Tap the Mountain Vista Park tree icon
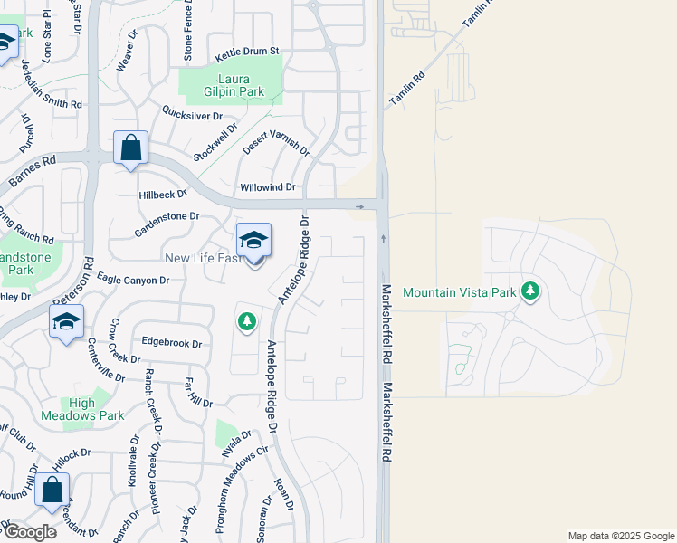pos(531,291)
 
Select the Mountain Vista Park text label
pos(459,292)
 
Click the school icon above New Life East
pos(254,241)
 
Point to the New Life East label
pos(203,259)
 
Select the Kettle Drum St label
pos(245,52)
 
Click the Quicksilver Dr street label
pos(192,115)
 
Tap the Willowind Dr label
pos(268,187)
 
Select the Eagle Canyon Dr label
pos(133,281)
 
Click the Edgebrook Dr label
pos(171,343)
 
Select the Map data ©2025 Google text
pos(620,536)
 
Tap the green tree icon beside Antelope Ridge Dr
pos(246,322)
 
